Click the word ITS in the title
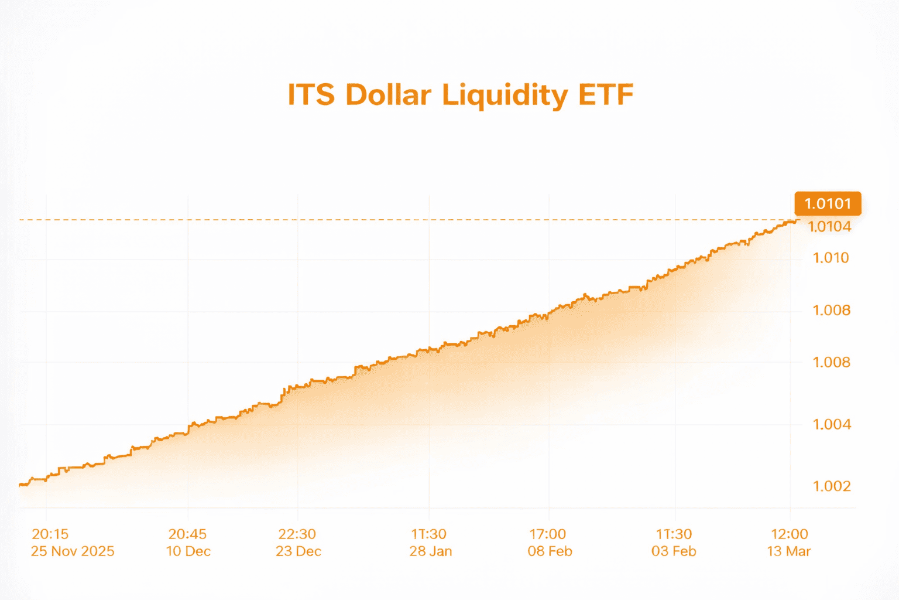[x=311, y=95]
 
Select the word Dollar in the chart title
[x=388, y=95]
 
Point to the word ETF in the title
[x=606, y=95]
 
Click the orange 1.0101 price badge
[x=828, y=204]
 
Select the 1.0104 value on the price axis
[x=830, y=227]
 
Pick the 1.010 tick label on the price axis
[x=831, y=258]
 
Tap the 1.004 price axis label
[x=832, y=424]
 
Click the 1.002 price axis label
[x=832, y=486]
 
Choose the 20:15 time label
[x=50, y=534]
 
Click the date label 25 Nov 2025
[x=73, y=551]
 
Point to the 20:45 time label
[x=187, y=534]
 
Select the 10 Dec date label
[x=188, y=551]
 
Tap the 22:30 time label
[x=297, y=534]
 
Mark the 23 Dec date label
[x=298, y=551]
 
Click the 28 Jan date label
[x=431, y=551]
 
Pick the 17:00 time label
[x=548, y=534]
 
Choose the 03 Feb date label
[x=674, y=551]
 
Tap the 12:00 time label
[x=790, y=534]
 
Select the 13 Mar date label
[x=789, y=551]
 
